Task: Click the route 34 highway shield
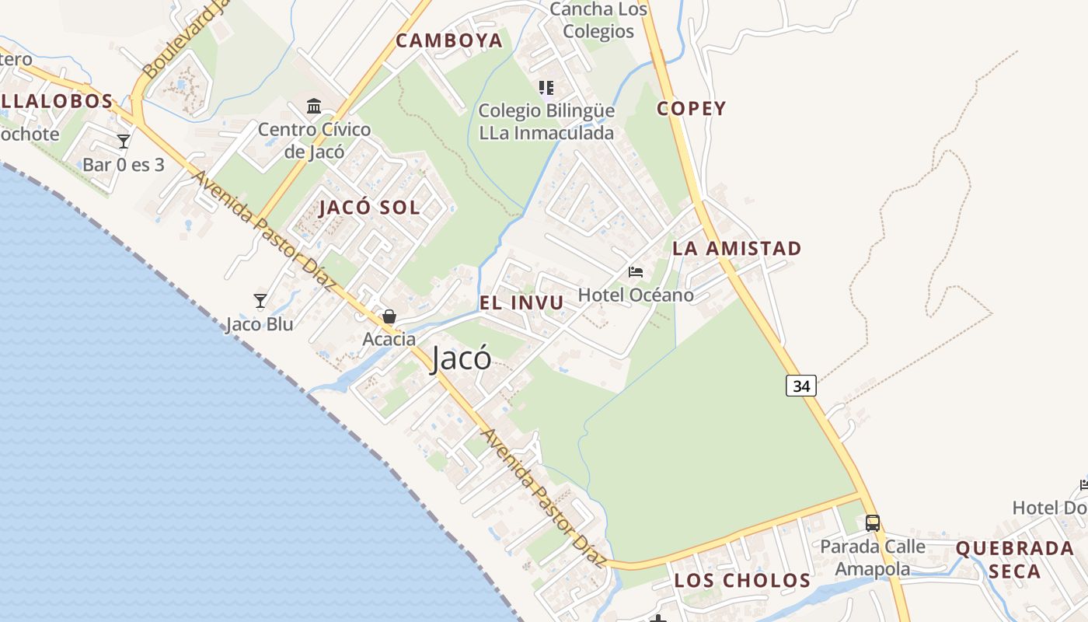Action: pos(801,385)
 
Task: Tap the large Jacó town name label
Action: pos(461,358)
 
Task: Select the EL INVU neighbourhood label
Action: pos(521,303)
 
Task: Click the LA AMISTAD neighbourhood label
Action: pos(737,249)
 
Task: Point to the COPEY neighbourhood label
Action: pos(691,109)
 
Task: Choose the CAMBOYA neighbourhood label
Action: pos(449,41)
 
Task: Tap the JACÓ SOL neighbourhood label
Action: pos(370,208)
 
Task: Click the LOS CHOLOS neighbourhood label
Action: pos(742,581)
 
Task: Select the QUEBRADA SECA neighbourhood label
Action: pos(1014,560)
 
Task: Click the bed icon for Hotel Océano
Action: pos(636,272)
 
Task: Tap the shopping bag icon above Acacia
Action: pos(389,316)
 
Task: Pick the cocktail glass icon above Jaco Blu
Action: pos(260,300)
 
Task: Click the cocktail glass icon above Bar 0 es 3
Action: pos(124,141)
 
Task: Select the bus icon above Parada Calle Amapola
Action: pos(873,522)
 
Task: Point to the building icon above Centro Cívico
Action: pos(314,106)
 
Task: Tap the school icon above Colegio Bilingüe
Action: pos(546,87)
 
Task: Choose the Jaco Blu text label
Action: pos(260,324)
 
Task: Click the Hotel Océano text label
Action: pos(636,295)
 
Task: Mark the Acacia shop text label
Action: pos(389,339)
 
